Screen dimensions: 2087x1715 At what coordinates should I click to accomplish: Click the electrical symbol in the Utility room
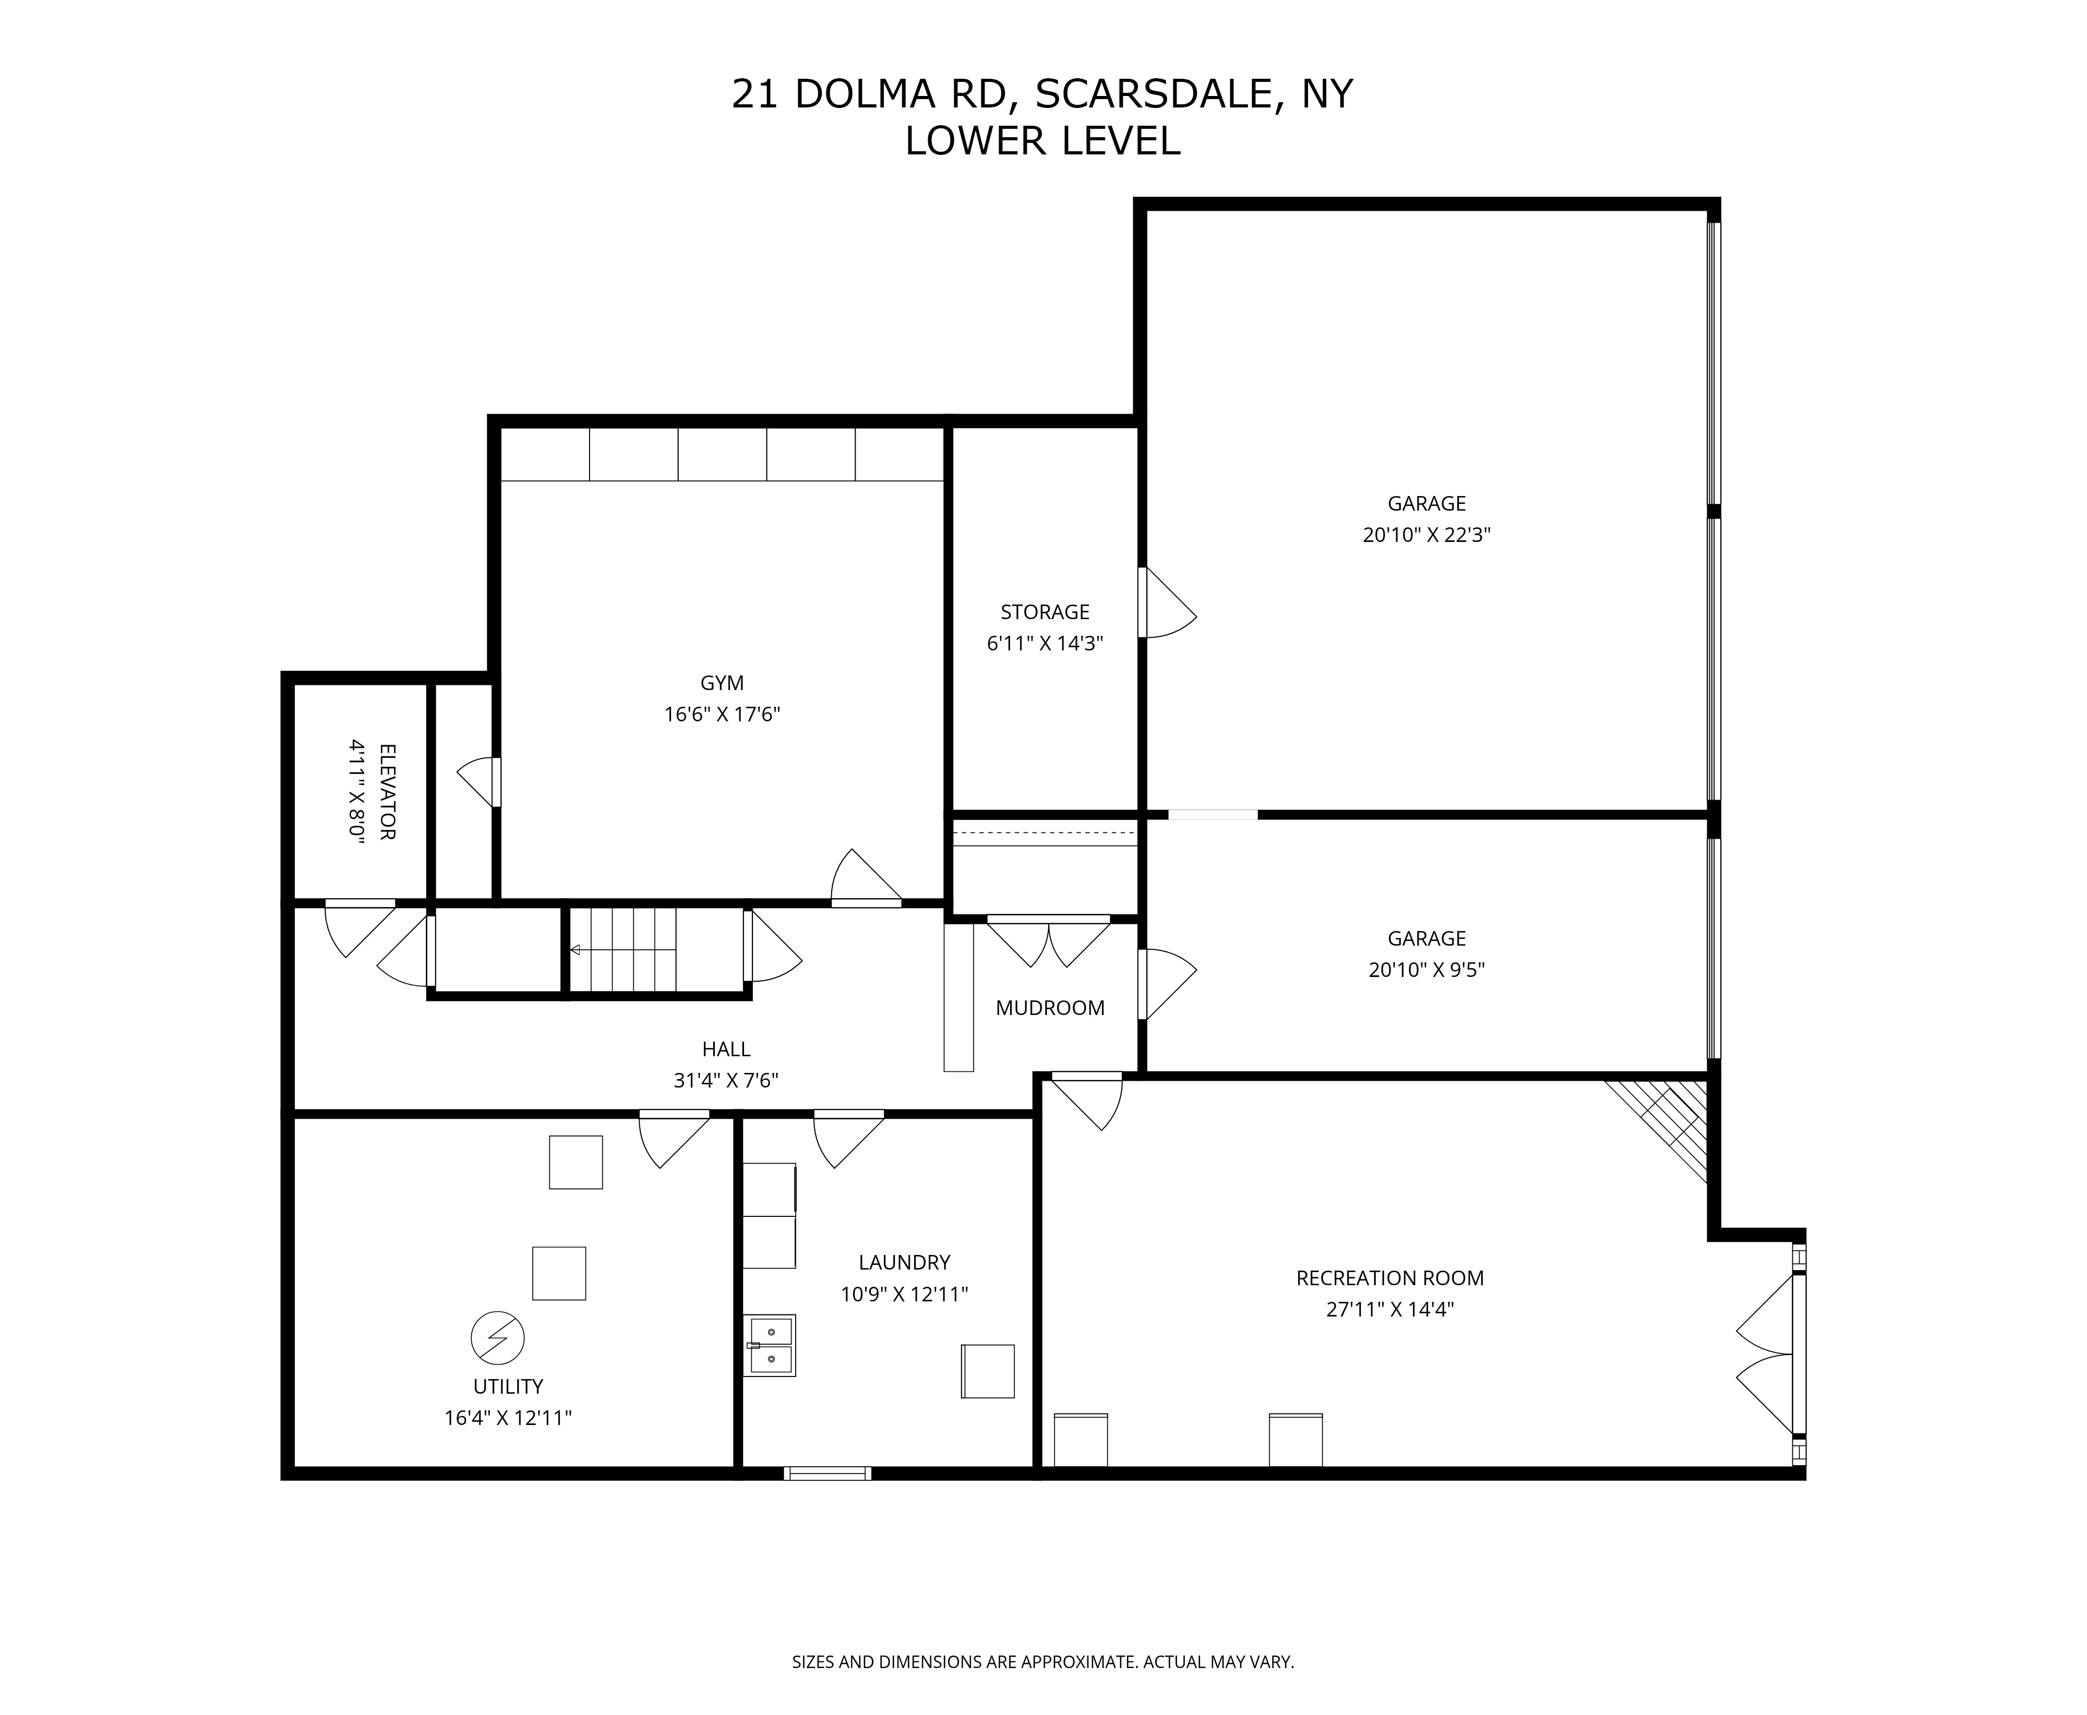pos(497,1338)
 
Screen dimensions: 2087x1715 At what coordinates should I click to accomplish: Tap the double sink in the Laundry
pos(770,1346)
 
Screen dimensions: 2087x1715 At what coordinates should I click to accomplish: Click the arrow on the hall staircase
pos(622,950)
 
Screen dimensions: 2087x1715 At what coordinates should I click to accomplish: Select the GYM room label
pos(722,683)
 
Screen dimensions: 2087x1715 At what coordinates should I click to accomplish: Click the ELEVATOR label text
pos(387,791)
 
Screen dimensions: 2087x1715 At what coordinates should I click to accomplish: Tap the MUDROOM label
pos(1049,1008)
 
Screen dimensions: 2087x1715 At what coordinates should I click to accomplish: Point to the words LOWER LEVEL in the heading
pos(1042,141)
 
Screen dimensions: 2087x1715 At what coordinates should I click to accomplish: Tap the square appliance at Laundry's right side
pos(988,1371)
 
